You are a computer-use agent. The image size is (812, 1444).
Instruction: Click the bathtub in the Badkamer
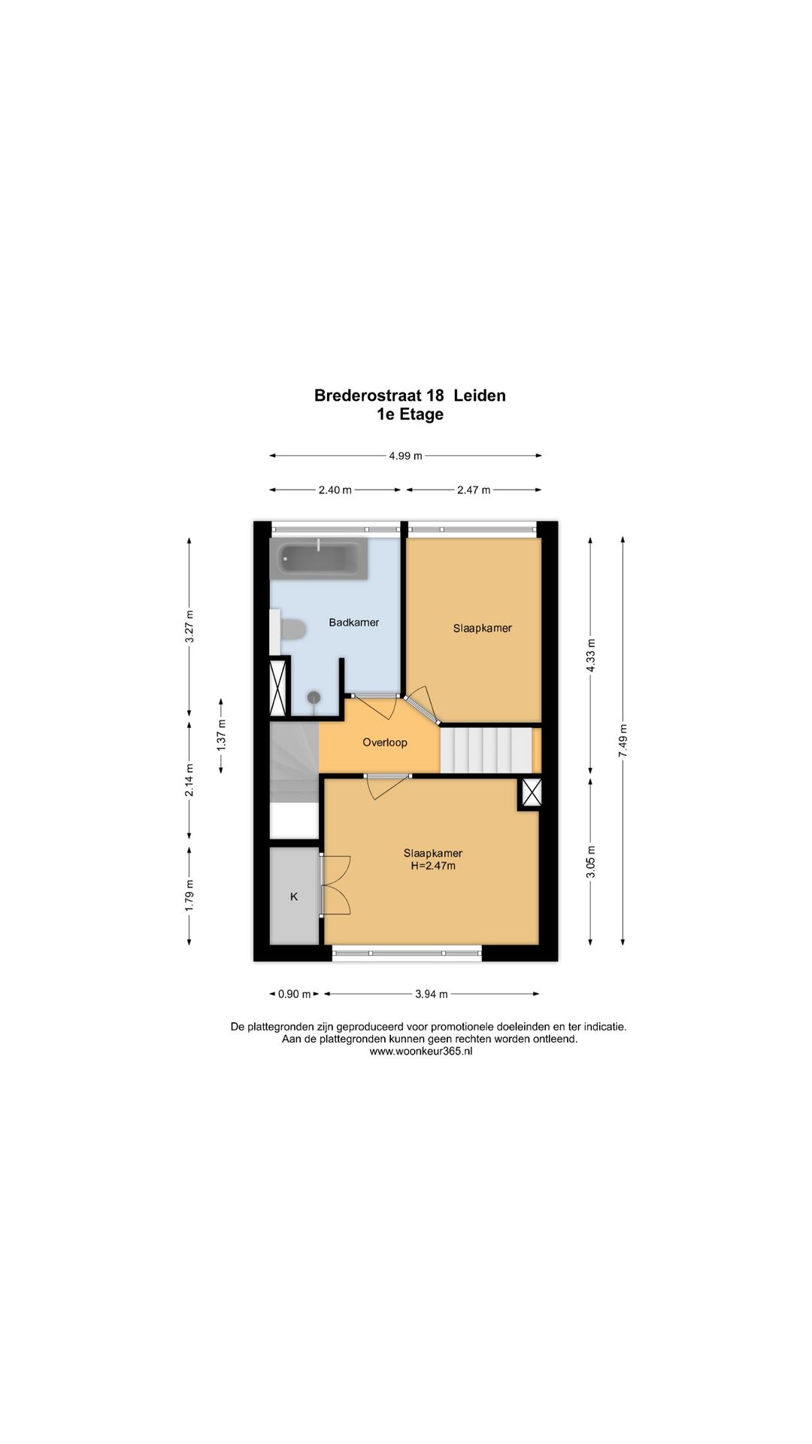pos(319,559)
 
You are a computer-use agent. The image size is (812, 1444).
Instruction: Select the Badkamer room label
pos(354,623)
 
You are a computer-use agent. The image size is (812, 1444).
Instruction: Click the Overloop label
pos(385,743)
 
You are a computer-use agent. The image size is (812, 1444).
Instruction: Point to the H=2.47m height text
pos(433,866)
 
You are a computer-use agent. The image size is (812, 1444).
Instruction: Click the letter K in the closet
pos(294,896)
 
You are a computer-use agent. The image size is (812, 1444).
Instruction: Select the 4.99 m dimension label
pos(405,456)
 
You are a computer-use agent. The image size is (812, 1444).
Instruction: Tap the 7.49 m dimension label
pos(623,741)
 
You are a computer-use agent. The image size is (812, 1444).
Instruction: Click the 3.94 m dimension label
pos(432,994)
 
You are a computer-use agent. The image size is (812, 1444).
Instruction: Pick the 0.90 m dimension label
pos(295,994)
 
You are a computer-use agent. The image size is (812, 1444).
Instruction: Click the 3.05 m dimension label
pos(591,861)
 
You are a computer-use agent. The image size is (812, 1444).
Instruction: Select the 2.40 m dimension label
pos(335,490)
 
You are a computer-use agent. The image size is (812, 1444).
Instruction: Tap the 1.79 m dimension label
pos(189,896)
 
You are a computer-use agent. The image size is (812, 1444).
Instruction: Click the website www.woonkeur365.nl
pos(421,1052)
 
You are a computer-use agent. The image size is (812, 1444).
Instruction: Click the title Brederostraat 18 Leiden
pos(410,396)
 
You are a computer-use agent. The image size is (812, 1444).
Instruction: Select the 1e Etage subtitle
pos(411,414)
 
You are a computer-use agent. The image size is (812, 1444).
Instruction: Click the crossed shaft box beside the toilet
pos(279,687)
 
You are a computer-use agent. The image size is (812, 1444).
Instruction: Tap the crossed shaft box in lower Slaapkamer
pos(531,793)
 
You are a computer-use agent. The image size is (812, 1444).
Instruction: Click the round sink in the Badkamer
pos(314,698)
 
